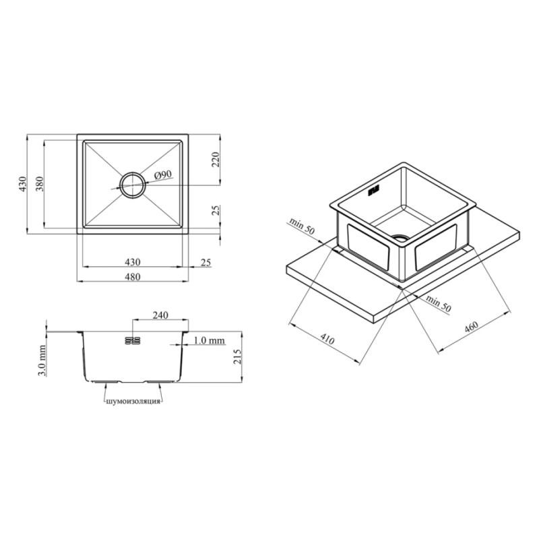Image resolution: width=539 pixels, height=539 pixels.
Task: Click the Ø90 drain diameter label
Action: [163, 175]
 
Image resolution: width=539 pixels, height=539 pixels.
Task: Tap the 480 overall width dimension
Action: [133, 277]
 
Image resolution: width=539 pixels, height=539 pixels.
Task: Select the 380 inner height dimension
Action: [40, 184]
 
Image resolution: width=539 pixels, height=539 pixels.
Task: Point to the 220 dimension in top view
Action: [216, 159]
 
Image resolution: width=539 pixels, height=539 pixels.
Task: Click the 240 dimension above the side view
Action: [160, 315]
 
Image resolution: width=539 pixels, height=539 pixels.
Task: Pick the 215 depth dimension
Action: [238, 356]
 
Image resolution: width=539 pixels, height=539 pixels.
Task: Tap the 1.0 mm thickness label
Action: [209, 340]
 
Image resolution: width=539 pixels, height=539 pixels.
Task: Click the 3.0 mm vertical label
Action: [42, 360]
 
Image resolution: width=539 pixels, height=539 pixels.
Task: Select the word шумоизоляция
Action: [133, 401]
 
